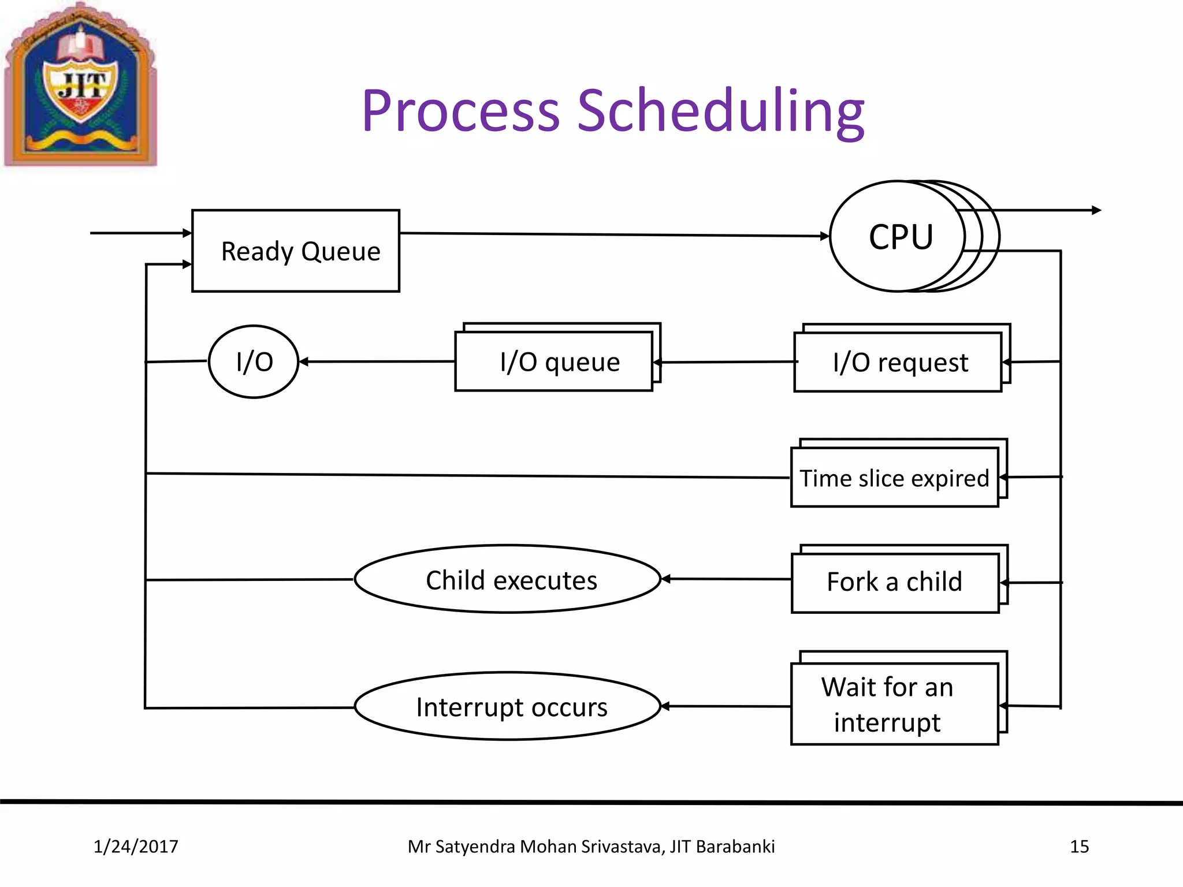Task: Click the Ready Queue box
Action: pos(295,251)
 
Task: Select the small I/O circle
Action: pos(254,362)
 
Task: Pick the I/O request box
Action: pos(898,363)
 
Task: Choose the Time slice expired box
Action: pos(894,478)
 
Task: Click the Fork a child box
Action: pos(895,582)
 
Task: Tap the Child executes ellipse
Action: pos(508,579)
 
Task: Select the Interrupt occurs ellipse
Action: pos(508,706)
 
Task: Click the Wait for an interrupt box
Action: pos(894,705)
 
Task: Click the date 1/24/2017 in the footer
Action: pos(136,847)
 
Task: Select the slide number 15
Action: pos(1079,847)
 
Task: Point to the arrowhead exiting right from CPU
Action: pos(1096,210)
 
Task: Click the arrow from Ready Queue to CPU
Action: pos(612,234)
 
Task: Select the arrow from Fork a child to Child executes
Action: pos(726,579)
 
